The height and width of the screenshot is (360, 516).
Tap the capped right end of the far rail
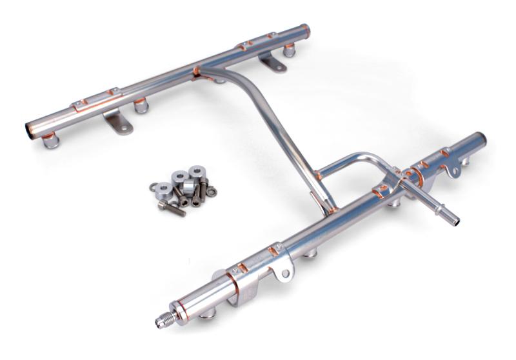[x=304, y=30]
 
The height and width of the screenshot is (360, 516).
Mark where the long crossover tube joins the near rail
[x=329, y=208]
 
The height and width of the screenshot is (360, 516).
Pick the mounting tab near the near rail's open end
[x=451, y=170]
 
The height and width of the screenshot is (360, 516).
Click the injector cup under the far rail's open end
[x=50, y=141]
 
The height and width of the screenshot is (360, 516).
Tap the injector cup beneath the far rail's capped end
[x=289, y=50]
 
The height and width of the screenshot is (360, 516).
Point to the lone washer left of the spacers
[x=153, y=188]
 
